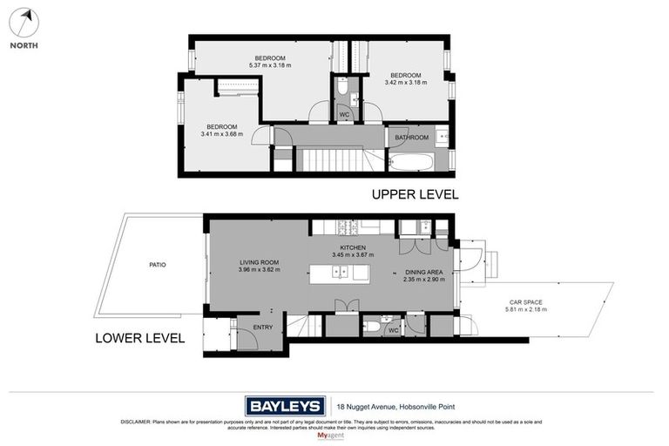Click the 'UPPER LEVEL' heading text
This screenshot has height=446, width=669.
[415, 194]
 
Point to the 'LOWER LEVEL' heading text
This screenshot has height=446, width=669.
[139, 337]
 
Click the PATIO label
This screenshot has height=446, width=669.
[157, 265]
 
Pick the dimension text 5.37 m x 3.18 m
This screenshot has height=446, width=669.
[271, 65]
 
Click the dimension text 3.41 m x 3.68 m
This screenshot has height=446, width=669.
[221, 134]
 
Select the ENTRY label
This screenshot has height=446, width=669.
[262, 327]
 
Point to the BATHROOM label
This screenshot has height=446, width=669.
[411, 138]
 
